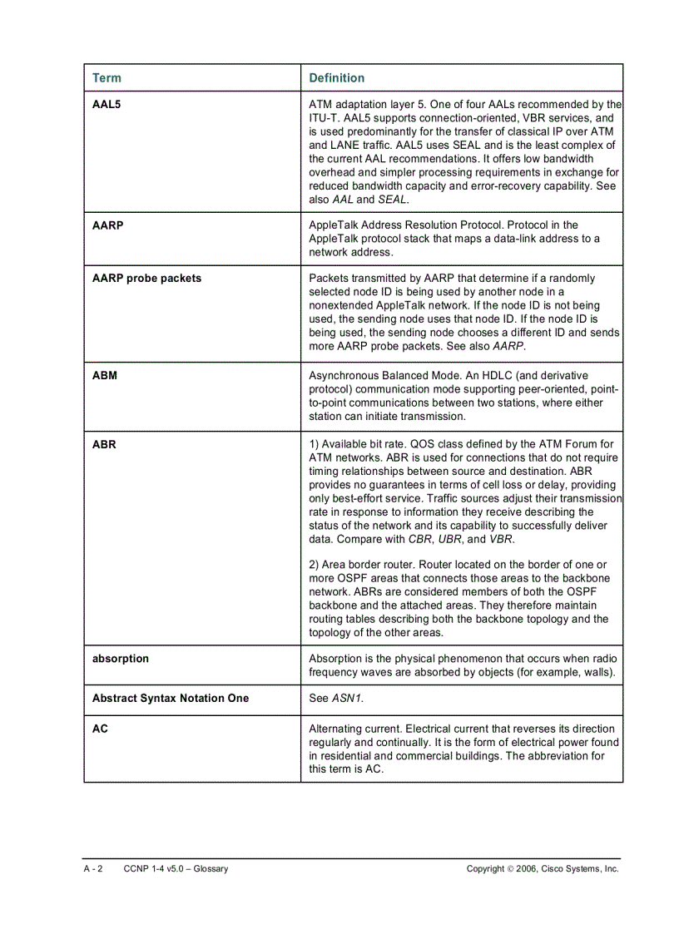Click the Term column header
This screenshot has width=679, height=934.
tap(107, 78)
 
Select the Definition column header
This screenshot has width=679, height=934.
tap(336, 78)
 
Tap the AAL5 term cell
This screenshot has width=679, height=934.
tap(107, 105)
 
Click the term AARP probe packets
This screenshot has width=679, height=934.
tap(146, 278)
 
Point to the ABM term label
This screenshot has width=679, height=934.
tap(105, 375)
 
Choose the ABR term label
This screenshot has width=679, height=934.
tap(104, 444)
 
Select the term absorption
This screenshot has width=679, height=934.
tap(121, 658)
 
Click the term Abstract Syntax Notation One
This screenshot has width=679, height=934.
tap(171, 698)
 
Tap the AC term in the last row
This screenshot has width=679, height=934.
tap(100, 729)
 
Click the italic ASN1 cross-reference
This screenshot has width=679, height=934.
tap(347, 698)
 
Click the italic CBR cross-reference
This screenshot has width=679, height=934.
tap(421, 539)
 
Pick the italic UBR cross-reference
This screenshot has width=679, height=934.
tap(451, 539)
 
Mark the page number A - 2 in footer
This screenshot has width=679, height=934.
tap(92, 868)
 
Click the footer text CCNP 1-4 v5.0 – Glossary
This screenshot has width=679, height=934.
tap(176, 868)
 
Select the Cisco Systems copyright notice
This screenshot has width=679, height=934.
tap(543, 868)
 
